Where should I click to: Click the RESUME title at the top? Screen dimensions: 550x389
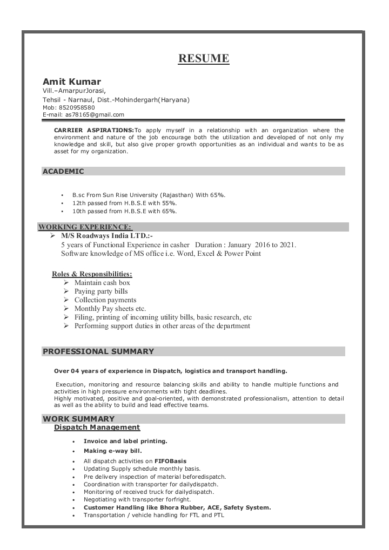(204, 58)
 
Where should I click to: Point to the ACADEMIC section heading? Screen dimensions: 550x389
(63, 172)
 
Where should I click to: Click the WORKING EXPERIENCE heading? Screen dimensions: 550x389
(85, 227)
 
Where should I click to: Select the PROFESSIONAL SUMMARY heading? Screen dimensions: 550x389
(98, 351)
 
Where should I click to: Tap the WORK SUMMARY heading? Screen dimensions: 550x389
(79, 419)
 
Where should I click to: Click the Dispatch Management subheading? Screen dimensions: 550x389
(97, 427)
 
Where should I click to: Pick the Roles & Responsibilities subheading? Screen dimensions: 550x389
(92, 274)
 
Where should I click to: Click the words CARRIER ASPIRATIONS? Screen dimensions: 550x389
(93, 130)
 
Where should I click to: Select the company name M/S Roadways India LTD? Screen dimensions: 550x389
(106, 236)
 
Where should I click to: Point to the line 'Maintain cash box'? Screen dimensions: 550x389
(102, 282)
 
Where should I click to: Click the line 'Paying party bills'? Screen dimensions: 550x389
(101, 291)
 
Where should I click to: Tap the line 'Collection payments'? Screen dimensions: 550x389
(105, 300)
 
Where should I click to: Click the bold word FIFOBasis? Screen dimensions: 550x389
(170, 461)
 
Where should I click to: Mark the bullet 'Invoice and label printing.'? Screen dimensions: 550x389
(125, 441)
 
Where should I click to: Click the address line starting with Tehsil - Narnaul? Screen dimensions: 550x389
(116, 100)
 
